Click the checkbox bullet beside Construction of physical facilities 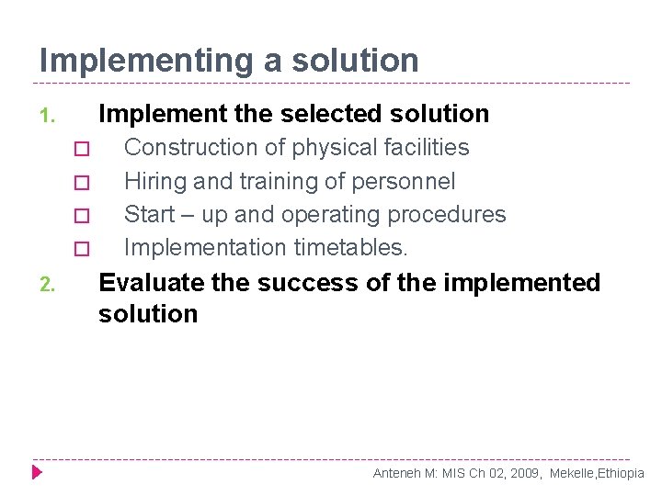81,149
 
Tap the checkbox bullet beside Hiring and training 81,183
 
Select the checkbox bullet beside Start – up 81,216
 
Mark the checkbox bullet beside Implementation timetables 81,249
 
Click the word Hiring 154,182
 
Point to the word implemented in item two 521,283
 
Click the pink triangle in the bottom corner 37,472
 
